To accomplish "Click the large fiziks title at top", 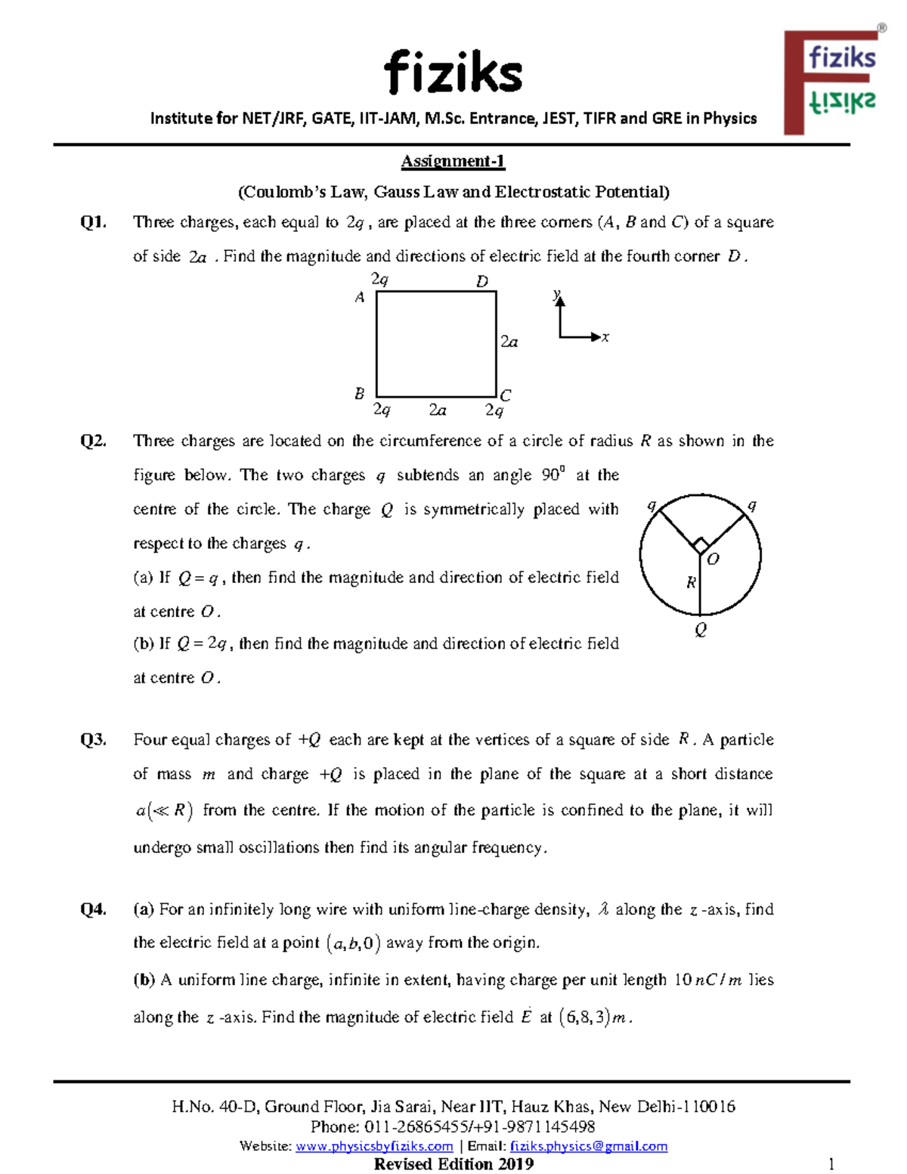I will pyautogui.click(x=453, y=73).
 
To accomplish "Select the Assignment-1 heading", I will pyautogui.click(x=453, y=161).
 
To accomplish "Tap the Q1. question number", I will pyautogui.click(x=93, y=222).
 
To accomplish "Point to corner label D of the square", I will pyautogui.click(x=481, y=281).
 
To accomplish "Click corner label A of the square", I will pyautogui.click(x=360, y=298).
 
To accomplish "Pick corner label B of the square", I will pyautogui.click(x=360, y=394).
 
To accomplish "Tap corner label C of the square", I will pyautogui.click(x=506, y=395).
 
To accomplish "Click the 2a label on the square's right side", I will pyautogui.click(x=509, y=342).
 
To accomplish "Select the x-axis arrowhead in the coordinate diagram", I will pyautogui.click(x=596, y=337).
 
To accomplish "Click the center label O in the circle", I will pyautogui.click(x=713, y=559).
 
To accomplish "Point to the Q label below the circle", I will pyautogui.click(x=701, y=630).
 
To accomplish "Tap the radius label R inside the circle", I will pyautogui.click(x=691, y=583).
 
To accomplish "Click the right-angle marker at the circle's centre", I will pyautogui.click(x=701, y=546).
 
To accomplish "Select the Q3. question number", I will pyautogui.click(x=93, y=740).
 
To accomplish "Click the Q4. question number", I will pyautogui.click(x=93, y=909).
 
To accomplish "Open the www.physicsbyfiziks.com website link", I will pyautogui.click(x=374, y=1146).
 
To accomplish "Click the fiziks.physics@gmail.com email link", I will pyautogui.click(x=589, y=1146).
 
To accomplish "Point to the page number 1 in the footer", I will pyautogui.click(x=831, y=1163).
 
